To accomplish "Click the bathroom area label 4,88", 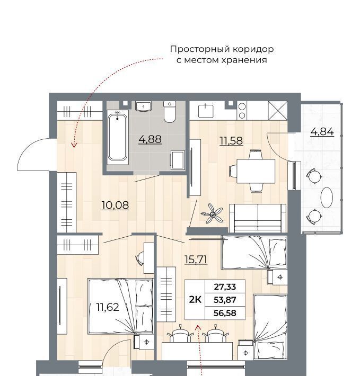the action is coord(150,139).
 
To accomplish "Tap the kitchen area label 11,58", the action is coord(231,140).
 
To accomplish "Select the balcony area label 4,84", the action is coord(322,132).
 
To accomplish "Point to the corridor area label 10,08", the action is coord(115,205).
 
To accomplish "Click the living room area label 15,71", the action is coord(196,259).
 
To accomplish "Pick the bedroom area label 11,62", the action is coord(108,307).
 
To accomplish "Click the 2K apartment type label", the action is coord(195,300).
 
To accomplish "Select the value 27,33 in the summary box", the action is coord(225,287).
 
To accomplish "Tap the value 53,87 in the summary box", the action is coord(225,300).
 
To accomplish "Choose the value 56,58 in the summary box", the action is coord(225,313).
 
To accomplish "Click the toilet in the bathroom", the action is coord(170,112).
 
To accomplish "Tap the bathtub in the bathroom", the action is coord(117,137).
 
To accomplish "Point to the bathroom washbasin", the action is coord(143,106).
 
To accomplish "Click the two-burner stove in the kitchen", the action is coord(242,111).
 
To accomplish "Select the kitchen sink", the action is coord(206,111).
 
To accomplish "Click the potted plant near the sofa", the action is coord(212,213).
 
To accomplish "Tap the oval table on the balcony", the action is coord(327,198).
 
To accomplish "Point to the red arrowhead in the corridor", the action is coord(74,145).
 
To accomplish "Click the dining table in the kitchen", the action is coord(256,171).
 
